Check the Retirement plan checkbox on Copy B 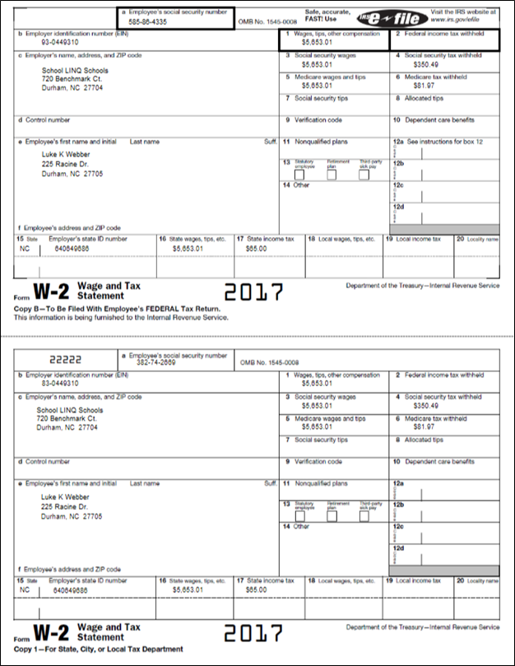(x=332, y=175)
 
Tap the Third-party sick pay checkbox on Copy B (x=363, y=175)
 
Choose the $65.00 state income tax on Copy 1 (x=256, y=589)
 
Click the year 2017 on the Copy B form (x=253, y=292)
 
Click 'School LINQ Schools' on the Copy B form (x=75, y=71)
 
